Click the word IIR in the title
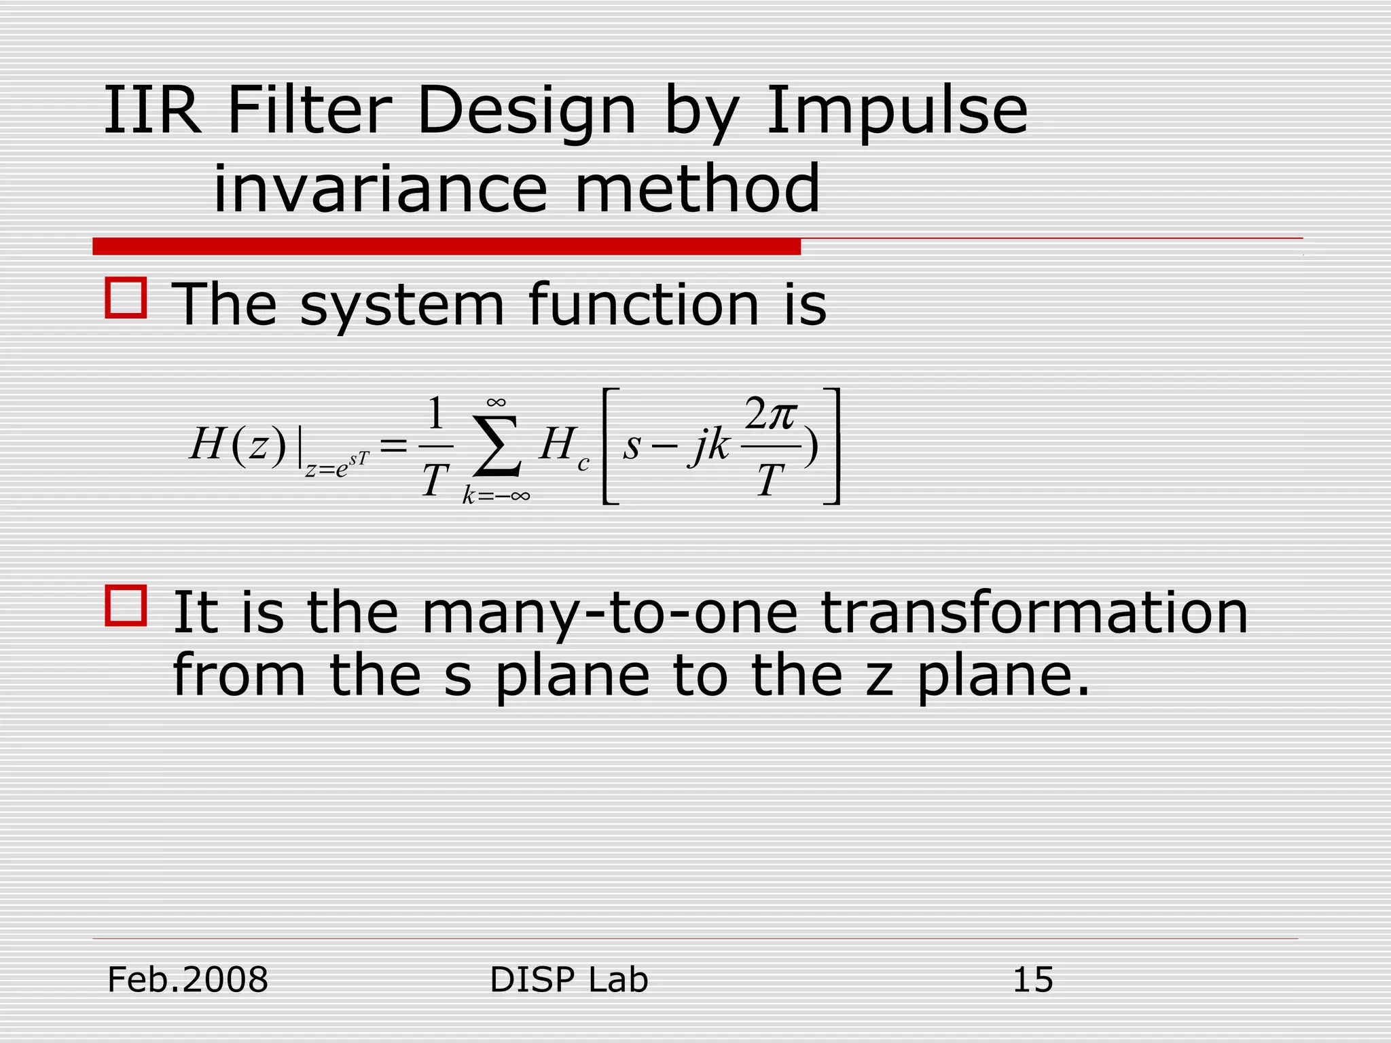click(x=152, y=110)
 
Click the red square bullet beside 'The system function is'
click(x=126, y=297)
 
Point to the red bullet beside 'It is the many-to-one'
click(x=126, y=605)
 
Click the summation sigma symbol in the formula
click(x=498, y=445)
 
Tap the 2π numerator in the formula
click(x=770, y=415)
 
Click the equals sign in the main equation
click(x=394, y=447)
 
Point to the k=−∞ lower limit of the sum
click(x=496, y=496)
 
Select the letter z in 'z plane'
click(x=880, y=678)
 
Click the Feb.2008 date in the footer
click(x=188, y=981)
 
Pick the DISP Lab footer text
click(x=568, y=981)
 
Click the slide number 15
click(x=1032, y=981)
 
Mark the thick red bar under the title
click(x=446, y=246)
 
